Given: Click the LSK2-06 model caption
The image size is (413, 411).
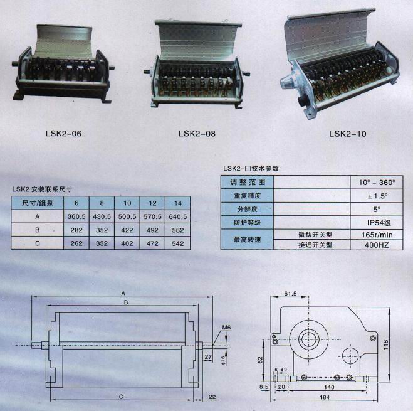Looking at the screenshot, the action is pyautogui.click(x=63, y=133).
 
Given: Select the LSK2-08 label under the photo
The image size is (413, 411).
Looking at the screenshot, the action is pyautogui.click(x=197, y=133).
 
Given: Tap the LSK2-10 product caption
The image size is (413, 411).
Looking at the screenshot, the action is pyautogui.click(x=348, y=134).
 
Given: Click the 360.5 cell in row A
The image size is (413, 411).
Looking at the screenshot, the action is pyautogui.click(x=76, y=216).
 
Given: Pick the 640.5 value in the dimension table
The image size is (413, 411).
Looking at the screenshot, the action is pyautogui.click(x=178, y=216).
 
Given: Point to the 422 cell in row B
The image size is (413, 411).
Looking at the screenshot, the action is pyautogui.click(x=127, y=230).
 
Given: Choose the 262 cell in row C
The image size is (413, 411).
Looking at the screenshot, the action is pyautogui.click(x=76, y=243).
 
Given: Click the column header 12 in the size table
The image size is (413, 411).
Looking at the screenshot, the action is pyautogui.click(x=152, y=203).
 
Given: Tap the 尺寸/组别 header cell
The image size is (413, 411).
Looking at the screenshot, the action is pyautogui.click(x=38, y=203).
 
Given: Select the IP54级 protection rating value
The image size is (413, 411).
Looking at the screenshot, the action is pyautogui.click(x=379, y=223).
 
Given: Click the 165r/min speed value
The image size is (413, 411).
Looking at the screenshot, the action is pyautogui.click(x=377, y=235).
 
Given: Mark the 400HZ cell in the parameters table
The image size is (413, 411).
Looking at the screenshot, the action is pyautogui.click(x=377, y=245).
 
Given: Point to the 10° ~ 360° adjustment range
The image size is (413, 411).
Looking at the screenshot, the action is pyautogui.click(x=377, y=183).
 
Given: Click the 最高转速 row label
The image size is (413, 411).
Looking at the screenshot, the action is pyautogui.click(x=248, y=240).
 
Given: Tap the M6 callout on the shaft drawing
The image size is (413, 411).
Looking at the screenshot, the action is pyautogui.click(x=226, y=328).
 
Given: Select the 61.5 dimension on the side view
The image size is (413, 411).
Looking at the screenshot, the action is pyautogui.click(x=290, y=293).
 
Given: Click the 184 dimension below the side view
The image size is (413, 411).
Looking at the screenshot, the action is pyautogui.click(x=325, y=397).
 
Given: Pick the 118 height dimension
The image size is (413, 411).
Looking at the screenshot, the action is pyautogui.click(x=386, y=345).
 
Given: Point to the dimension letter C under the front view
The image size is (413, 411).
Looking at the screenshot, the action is pyautogui.click(x=121, y=397).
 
